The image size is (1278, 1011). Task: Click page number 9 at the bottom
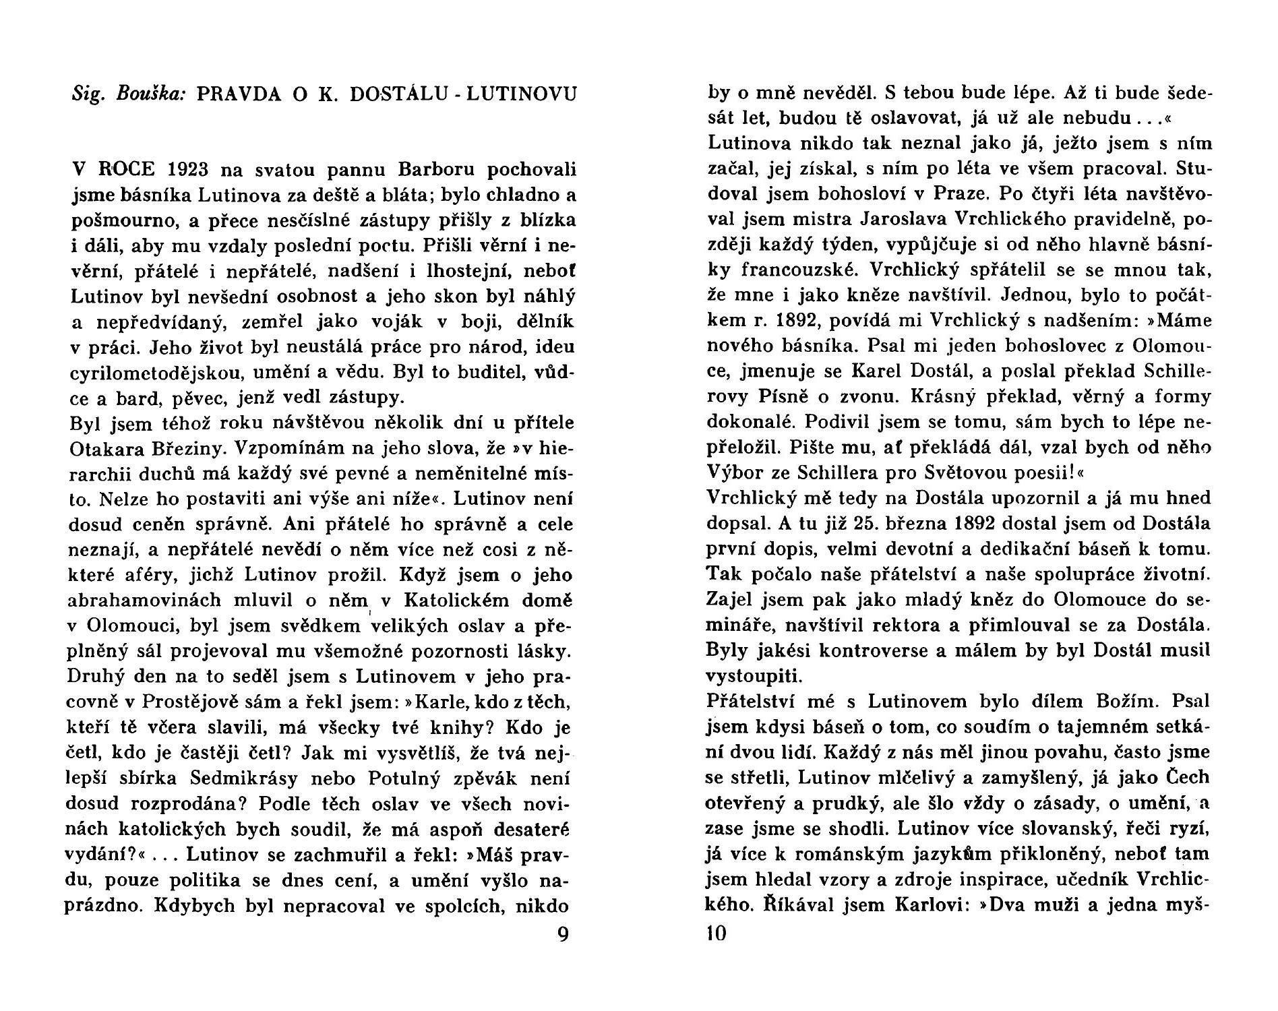click(x=564, y=936)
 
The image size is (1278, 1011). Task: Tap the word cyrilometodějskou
click(x=155, y=373)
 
